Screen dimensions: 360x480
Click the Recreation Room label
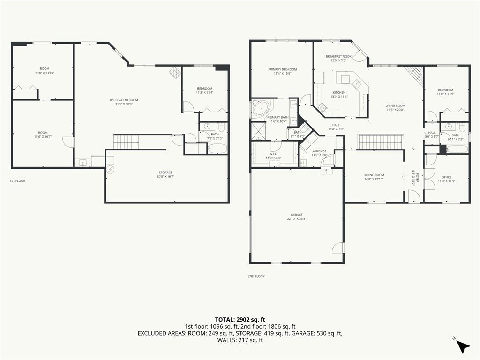(124, 100)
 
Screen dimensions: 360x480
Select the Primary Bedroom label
(282, 69)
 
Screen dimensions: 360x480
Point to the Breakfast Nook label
(338, 56)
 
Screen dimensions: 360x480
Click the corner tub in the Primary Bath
(259, 109)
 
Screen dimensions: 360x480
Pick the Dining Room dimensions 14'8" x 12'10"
(374, 179)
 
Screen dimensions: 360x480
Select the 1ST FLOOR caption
(17, 180)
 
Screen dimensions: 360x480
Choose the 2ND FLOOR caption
(256, 276)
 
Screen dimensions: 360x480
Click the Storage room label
(165, 172)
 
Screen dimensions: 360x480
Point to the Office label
(446, 177)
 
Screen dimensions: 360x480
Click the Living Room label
(395, 105)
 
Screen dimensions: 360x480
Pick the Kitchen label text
(339, 92)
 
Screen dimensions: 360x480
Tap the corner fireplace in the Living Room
(414, 75)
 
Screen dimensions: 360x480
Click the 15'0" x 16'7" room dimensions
(43, 137)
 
